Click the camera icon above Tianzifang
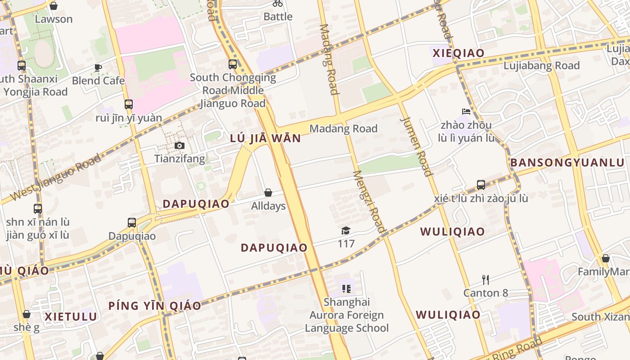[179, 145]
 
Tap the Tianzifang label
[180, 158]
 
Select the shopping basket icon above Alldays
[268, 193]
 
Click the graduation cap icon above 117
[346, 231]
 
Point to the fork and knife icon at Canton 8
[486, 279]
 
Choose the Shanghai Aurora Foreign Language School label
[347, 315]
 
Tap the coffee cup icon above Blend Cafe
[98, 68]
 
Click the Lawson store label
[54, 19]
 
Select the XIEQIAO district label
[459, 53]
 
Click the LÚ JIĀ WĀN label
[265, 138]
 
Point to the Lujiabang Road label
[541, 66]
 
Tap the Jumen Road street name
[416, 146]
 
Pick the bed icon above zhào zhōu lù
[466, 111]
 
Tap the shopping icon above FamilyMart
[606, 258]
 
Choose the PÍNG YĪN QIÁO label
[155, 306]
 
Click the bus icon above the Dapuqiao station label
[132, 222]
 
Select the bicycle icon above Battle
[278, 4]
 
